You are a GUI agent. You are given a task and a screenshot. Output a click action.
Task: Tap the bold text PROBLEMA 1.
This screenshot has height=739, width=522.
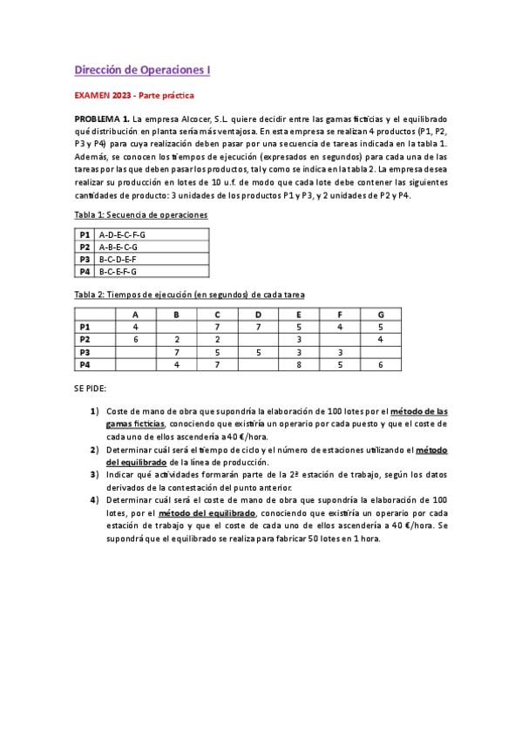(x=102, y=117)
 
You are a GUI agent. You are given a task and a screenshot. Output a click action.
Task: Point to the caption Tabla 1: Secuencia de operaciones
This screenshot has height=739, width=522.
(x=140, y=214)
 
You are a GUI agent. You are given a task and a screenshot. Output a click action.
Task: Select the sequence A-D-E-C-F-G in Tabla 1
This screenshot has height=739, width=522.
(x=122, y=234)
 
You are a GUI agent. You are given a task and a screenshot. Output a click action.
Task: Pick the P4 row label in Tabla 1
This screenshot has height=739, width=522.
(x=85, y=271)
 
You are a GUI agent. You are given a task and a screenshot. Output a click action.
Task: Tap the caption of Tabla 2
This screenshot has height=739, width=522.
(x=188, y=295)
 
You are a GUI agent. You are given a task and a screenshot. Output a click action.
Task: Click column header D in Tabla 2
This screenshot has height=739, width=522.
(x=258, y=315)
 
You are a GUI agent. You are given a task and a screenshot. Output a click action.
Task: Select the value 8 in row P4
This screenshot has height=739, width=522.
(x=299, y=365)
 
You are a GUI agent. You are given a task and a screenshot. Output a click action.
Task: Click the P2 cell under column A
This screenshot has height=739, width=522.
(x=135, y=339)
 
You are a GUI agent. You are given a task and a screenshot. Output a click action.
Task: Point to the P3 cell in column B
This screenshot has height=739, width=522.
(x=176, y=352)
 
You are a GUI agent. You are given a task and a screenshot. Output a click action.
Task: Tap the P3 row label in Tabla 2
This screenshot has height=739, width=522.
(x=85, y=352)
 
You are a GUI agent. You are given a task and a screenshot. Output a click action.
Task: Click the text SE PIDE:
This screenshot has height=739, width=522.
(x=90, y=390)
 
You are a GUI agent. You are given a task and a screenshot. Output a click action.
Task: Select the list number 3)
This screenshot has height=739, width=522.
(x=94, y=474)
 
